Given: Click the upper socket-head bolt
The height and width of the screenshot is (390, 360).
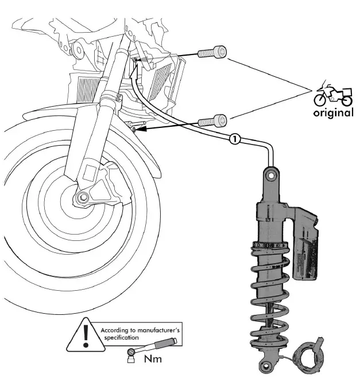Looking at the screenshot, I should [x=212, y=53].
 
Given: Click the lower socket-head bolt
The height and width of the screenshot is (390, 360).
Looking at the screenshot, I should [x=212, y=121].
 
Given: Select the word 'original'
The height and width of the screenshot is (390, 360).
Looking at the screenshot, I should [x=333, y=113].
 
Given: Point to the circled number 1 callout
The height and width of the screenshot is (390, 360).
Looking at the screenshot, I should [x=234, y=138].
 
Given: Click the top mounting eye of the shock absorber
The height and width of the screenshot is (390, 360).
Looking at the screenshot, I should [x=270, y=173].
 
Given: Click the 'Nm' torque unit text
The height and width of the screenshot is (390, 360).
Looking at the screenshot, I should [x=152, y=359].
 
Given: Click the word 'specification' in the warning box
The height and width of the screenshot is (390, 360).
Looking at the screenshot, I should [x=122, y=337].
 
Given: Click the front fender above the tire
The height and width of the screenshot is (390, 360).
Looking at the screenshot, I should [x=34, y=123].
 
